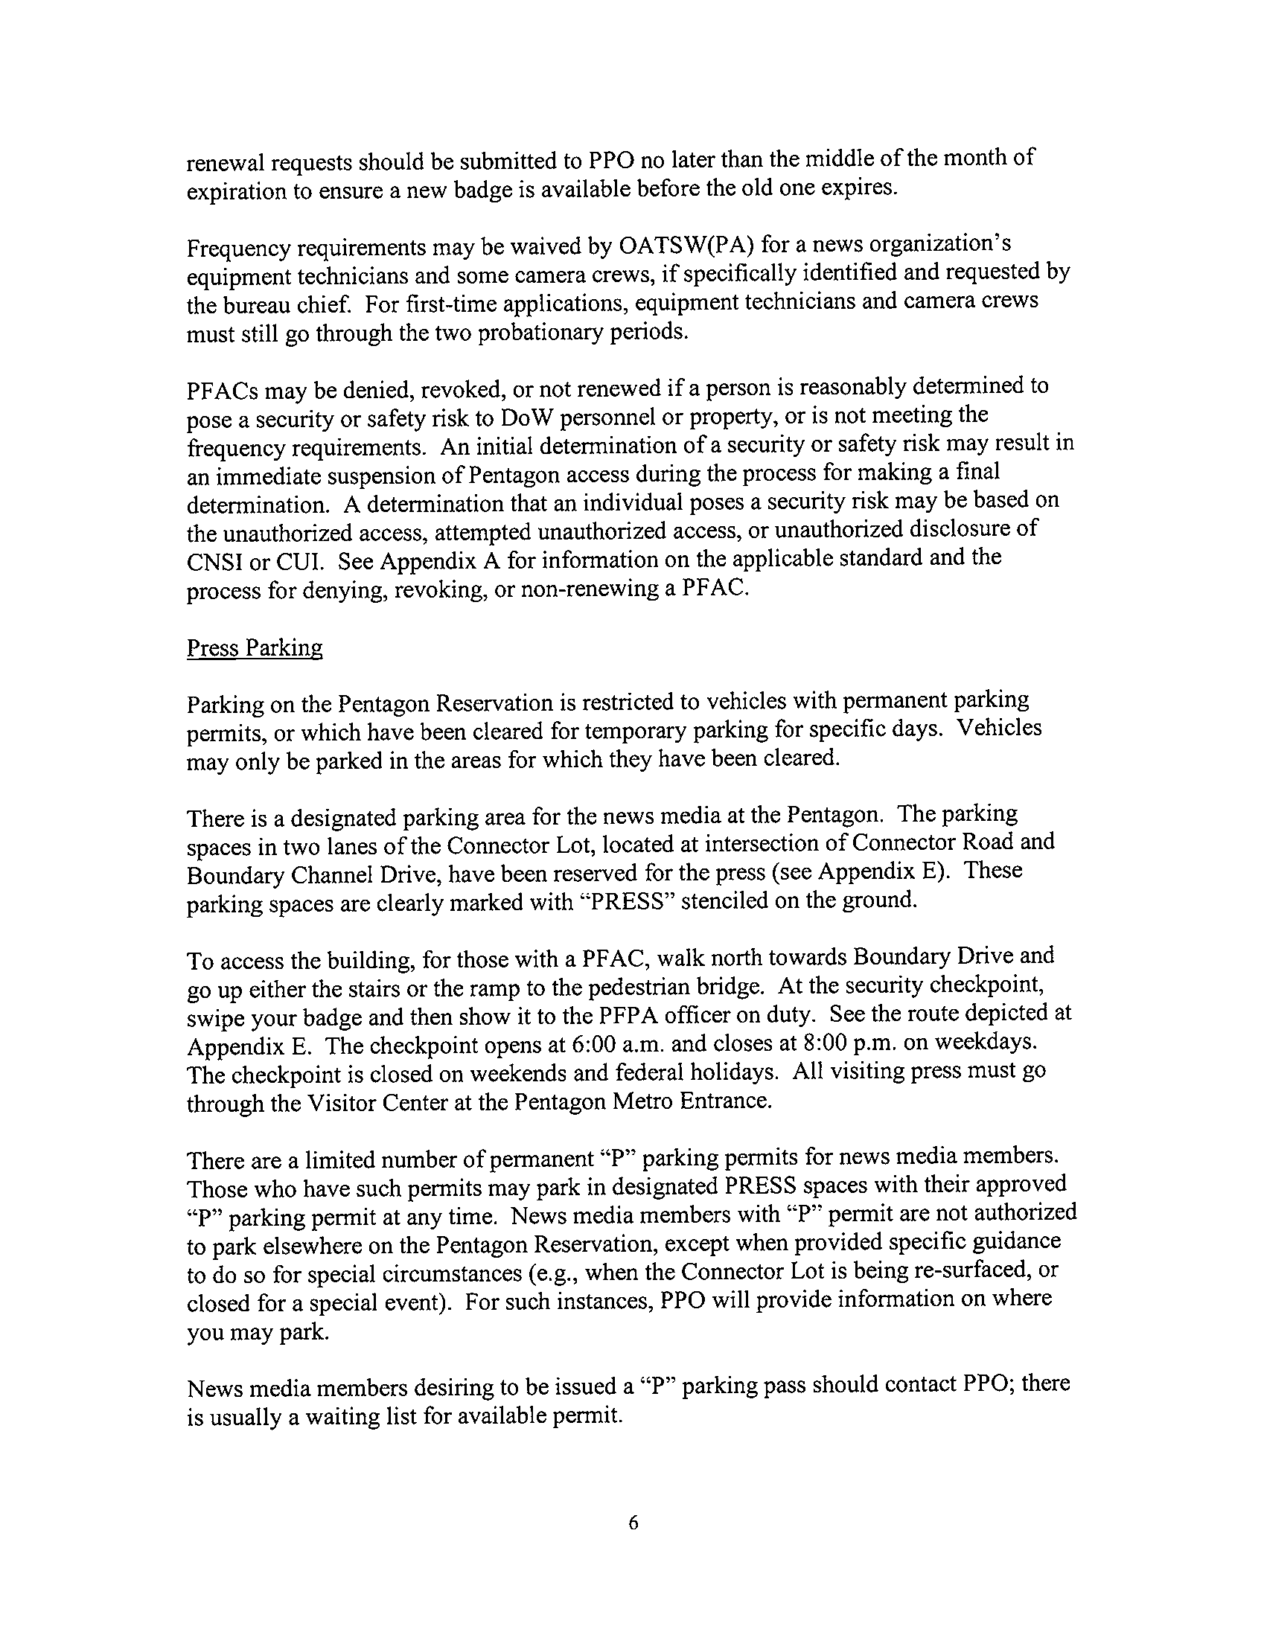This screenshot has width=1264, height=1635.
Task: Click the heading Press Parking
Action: click(x=254, y=647)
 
